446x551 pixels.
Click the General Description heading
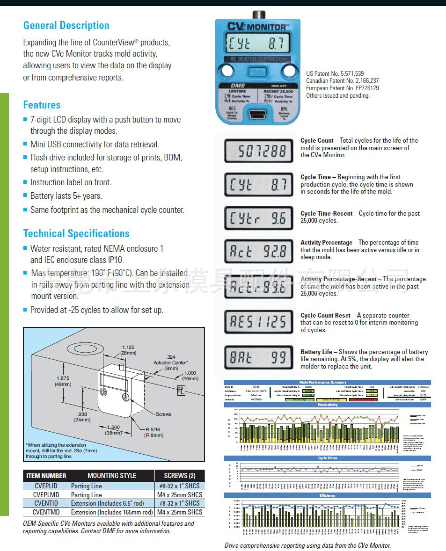click(x=66, y=26)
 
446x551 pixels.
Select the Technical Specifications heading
click(x=76, y=233)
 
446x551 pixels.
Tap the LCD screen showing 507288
click(x=259, y=151)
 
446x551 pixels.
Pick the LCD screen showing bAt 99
click(x=259, y=358)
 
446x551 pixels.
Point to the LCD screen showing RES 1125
click(x=259, y=322)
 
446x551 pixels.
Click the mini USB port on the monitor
click(x=258, y=114)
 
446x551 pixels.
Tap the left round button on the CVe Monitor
click(x=227, y=71)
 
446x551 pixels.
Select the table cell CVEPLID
click(x=45, y=486)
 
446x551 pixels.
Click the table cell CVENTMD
click(x=46, y=512)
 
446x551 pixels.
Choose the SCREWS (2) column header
click(x=180, y=476)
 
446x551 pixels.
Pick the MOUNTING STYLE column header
click(x=112, y=476)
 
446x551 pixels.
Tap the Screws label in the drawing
click(x=163, y=414)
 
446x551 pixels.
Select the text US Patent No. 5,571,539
click(x=335, y=74)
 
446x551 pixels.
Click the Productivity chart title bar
click(x=328, y=405)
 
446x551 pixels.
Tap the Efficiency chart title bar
click(x=328, y=495)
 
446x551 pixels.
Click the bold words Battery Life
click(x=316, y=352)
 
